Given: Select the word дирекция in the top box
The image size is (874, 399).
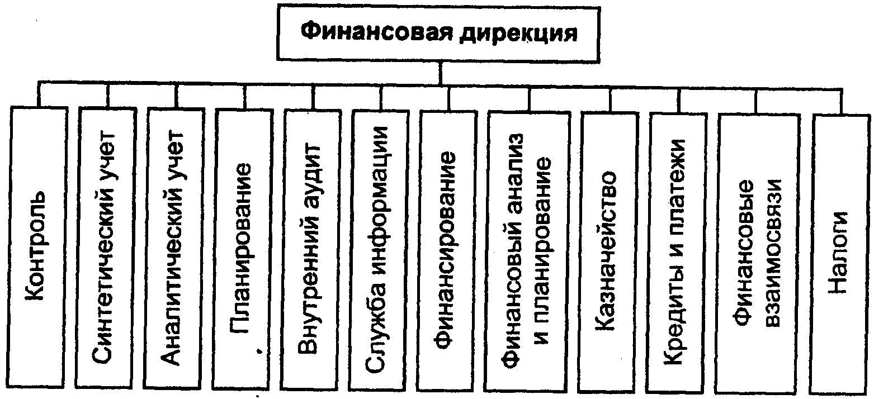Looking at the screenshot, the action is (518, 34).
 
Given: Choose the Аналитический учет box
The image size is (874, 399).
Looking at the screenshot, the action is (174, 249).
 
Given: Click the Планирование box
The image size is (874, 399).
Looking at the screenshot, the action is (243, 249).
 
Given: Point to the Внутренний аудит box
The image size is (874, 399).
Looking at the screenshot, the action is (312, 250).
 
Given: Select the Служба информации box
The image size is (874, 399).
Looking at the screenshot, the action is (379, 250).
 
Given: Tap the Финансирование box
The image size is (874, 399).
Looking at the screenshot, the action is (447, 251).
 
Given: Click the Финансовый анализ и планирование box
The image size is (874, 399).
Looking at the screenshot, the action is (528, 252).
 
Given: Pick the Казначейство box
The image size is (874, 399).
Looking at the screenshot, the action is (609, 253).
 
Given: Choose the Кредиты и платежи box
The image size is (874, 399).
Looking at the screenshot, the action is (677, 254).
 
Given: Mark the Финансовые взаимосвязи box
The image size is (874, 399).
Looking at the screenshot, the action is (758, 254).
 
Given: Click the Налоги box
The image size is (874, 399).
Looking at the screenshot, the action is (840, 255).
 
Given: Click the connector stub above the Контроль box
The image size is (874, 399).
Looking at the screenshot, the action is (39, 94).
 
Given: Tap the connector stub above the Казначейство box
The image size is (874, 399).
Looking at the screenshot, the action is (610, 100).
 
